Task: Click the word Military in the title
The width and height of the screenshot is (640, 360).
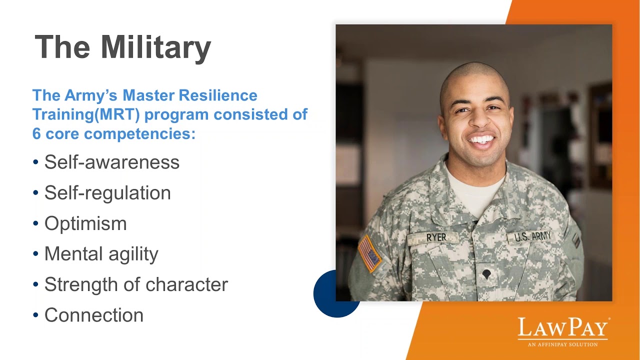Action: point(155,47)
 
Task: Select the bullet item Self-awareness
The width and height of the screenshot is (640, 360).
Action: point(111,162)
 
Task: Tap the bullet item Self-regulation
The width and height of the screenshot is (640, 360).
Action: point(107,192)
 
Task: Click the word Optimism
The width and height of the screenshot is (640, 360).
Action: point(85,223)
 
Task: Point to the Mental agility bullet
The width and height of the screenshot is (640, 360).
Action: point(101,254)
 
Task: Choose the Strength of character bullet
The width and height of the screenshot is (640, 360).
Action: point(136,284)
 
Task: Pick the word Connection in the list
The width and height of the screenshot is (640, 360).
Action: point(94,315)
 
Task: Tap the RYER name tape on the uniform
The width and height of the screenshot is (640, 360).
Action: point(436,238)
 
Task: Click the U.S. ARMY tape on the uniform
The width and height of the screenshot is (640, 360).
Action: point(532,236)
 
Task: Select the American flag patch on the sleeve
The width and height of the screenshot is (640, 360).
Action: point(369,253)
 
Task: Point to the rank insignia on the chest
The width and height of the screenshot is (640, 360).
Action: point(486,274)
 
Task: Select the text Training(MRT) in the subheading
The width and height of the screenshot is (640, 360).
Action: point(86,114)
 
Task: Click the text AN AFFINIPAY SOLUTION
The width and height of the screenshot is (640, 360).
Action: point(562,344)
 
